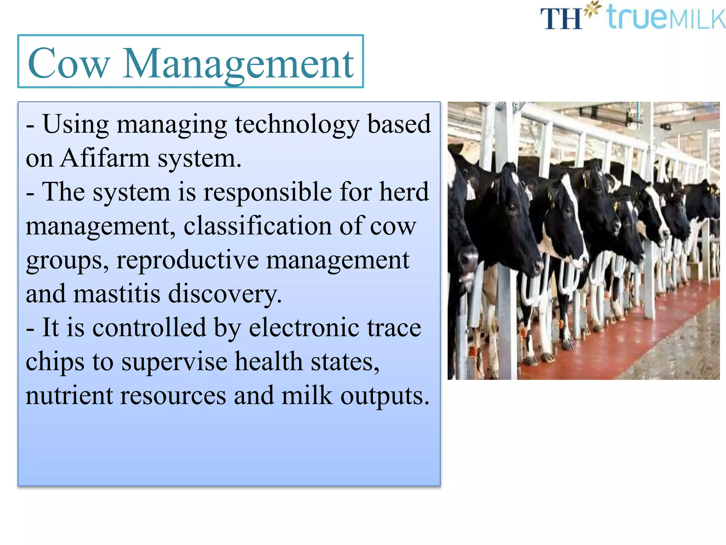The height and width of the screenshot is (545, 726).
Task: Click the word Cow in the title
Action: coord(68,64)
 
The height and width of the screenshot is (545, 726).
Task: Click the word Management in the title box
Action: coord(238,64)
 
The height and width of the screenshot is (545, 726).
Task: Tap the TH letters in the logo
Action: coord(561,18)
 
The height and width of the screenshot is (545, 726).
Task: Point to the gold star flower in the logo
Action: coord(593,9)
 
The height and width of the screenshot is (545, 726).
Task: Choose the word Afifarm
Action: coord(105,158)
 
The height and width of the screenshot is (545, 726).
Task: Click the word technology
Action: coord(297,124)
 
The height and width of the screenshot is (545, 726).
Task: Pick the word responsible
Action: coord(268,192)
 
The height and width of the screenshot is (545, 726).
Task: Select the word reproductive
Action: coord(188,260)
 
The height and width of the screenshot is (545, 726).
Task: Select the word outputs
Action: coord(385,395)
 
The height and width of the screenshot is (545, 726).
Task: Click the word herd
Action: coord(404,192)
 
